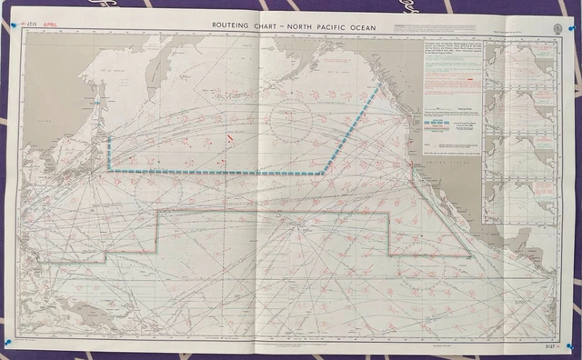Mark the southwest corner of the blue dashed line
110,168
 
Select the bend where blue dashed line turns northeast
323,172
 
